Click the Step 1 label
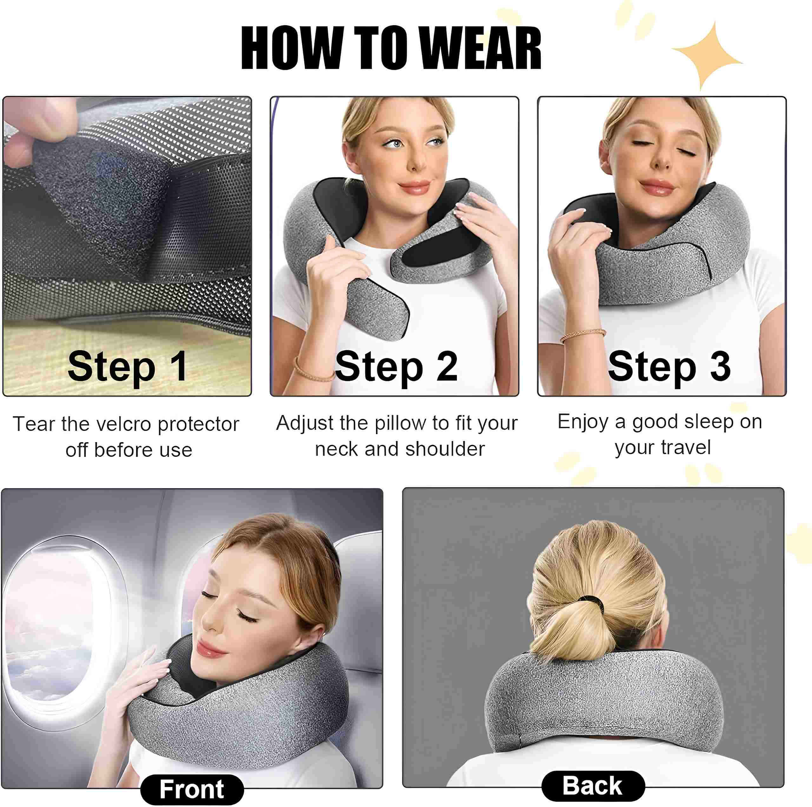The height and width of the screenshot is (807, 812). [x=127, y=367]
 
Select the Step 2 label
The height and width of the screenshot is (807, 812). [x=396, y=367]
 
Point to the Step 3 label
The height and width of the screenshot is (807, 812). [x=669, y=367]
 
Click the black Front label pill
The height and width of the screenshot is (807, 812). [x=192, y=789]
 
